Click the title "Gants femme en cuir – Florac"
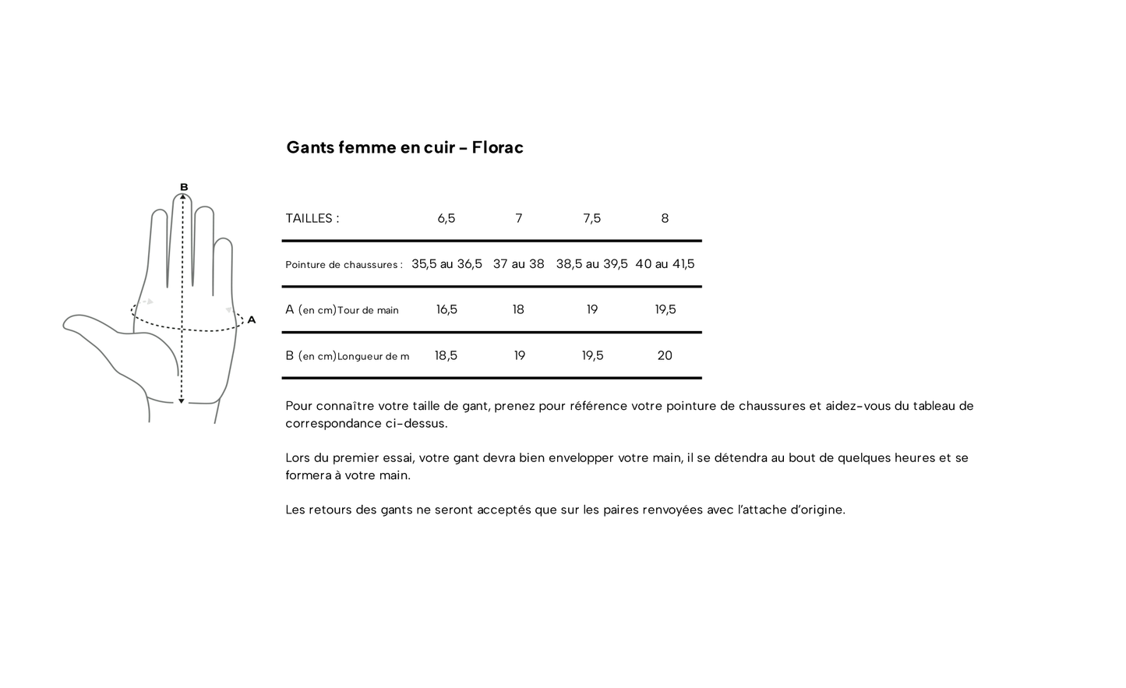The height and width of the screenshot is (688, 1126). pos(404,147)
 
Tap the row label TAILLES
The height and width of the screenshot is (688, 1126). pos(312,219)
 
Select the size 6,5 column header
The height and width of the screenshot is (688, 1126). pos(446,219)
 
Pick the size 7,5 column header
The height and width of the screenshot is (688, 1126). pos(591,219)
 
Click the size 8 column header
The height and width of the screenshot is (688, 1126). pos(665,219)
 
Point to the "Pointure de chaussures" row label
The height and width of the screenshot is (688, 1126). pos(344,265)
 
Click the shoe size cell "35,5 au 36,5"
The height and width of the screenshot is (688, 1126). pos(447,264)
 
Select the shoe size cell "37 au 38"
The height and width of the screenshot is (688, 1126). pos(518,264)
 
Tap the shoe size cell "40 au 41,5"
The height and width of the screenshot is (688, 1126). pos(665,264)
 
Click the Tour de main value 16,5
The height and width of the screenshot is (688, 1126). pos(447,310)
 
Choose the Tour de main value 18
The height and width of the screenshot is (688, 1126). pos(518,310)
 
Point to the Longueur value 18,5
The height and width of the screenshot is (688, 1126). pos(446,356)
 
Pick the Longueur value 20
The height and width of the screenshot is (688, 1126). pos(665,356)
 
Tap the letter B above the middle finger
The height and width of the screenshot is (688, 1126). pos(184,187)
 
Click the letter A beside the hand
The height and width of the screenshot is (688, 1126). pos(251,319)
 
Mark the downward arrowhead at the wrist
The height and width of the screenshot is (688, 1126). pos(182,400)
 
